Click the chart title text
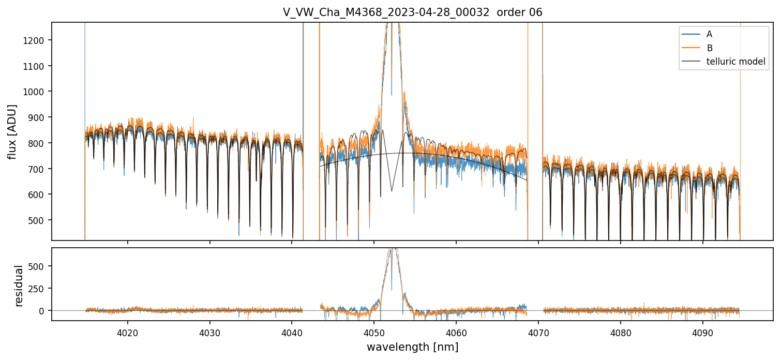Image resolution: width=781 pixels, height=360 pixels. [412, 12]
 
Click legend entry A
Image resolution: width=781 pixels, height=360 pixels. [709, 34]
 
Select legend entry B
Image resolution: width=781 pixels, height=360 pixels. [709, 48]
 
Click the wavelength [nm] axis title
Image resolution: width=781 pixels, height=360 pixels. [412, 347]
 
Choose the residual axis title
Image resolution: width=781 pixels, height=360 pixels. [20, 286]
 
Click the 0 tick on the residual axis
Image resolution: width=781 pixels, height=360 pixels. [44, 310]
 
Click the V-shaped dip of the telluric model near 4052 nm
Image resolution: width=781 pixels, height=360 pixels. [392, 191]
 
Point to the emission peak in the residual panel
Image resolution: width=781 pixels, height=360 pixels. [392, 250]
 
